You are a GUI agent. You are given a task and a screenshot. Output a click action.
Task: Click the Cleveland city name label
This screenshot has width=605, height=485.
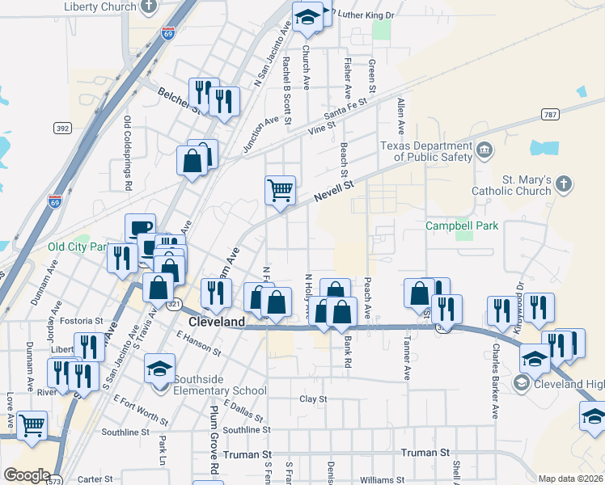click(x=216, y=322)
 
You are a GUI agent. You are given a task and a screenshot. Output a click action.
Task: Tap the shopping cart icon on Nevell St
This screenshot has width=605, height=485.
click(x=280, y=191)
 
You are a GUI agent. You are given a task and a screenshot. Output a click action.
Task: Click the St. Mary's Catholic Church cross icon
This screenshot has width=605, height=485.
click(x=564, y=185)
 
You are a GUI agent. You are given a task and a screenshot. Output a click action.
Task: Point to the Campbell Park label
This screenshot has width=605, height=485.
click(x=463, y=226)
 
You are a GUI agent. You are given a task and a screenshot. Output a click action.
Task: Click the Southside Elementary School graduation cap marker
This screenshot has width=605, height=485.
click(x=160, y=369)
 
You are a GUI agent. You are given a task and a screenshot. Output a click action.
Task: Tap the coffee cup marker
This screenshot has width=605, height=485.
click(x=140, y=228)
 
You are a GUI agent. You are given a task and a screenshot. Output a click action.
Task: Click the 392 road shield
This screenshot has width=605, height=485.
click(x=62, y=129)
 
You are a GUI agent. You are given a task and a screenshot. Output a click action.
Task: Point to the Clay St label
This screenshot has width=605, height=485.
click(x=313, y=399)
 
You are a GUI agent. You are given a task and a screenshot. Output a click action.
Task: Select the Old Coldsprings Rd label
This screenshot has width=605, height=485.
click(x=128, y=153)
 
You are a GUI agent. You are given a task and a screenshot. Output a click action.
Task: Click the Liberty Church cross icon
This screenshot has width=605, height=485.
click(x=148, y=7)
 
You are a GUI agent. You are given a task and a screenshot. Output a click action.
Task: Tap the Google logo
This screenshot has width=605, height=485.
click(x=27, y=475)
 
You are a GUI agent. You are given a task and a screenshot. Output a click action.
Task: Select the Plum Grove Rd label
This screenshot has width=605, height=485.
click(x=214, y=436)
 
